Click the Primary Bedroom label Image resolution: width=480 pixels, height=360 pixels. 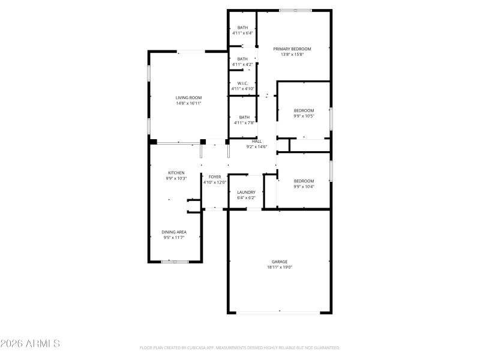click(x=292, y=49)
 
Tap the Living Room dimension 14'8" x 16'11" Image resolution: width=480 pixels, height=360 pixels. click(x=188, y=103)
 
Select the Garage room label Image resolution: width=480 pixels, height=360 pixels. click(x=280, y=262)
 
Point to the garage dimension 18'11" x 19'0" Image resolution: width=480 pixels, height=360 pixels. click(x=280, y=268)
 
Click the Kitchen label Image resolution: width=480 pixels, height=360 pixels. click(x=176, y=173)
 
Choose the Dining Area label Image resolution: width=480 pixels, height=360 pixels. click(x=174, y=232)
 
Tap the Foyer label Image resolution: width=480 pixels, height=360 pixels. click(x=215, y=177)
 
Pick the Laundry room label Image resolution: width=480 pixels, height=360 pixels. click(x=246, y=192)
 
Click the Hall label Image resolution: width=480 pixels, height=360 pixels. click(x=256, y=141)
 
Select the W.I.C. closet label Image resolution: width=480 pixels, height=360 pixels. click(x=243, y=83)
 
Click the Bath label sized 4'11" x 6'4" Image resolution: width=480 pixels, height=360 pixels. click(x=243, y=28)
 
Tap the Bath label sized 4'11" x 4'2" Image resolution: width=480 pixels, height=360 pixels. click(x=243, y=59)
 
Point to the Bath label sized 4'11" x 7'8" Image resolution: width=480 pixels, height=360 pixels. click(x=244, y=117)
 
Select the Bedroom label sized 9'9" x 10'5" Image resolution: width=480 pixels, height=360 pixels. click(x=304, y=110)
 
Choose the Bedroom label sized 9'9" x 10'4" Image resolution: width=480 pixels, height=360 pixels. click(x=304, y=181)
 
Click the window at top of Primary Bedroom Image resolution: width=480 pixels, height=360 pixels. click(x=295, y=10)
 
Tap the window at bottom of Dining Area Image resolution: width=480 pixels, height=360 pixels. click(x=175, y=262)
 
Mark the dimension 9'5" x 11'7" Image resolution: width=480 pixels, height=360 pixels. click(x=174, y=238)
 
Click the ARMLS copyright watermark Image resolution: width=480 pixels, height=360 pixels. click(x=30, y=344)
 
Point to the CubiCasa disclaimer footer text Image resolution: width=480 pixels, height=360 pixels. click(x=240, y=347)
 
